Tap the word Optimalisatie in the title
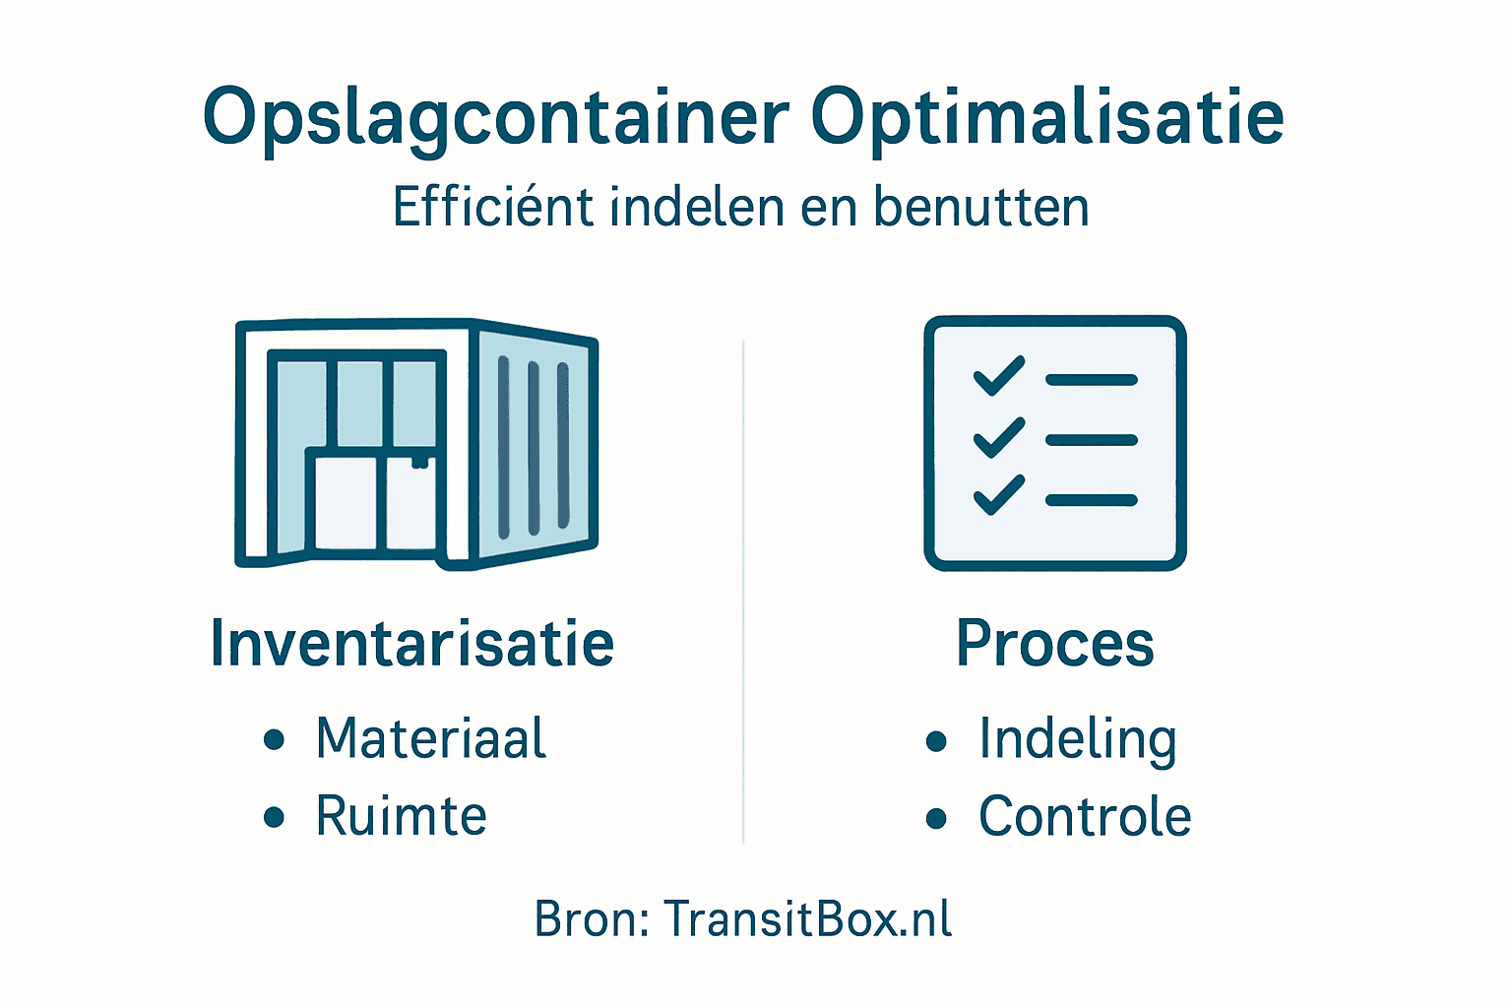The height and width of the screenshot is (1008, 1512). click(1047, 119)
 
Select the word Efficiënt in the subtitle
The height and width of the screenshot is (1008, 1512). click(492, 208)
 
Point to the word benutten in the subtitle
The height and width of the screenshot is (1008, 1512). click(980, 208)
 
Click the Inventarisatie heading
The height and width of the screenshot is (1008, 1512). click(412, 644)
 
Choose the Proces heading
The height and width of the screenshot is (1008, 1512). click(1054, 644)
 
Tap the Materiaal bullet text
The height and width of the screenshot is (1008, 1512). click(430, 738)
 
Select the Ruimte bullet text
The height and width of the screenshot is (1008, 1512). click(401, 816)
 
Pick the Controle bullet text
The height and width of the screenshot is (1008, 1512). click(1085, 816)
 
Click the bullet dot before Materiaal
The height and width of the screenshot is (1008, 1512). click(275, 739)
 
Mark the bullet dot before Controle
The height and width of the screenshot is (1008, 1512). click(936, 817)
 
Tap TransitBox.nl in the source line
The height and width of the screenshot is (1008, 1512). click(807, 919)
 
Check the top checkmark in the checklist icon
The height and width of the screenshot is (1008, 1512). click(998, 376)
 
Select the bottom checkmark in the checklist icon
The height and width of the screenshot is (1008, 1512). click(998, 495)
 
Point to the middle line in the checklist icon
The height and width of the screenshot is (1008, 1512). click(1091, 440)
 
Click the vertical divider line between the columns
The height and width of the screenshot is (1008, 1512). click(743, 591)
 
